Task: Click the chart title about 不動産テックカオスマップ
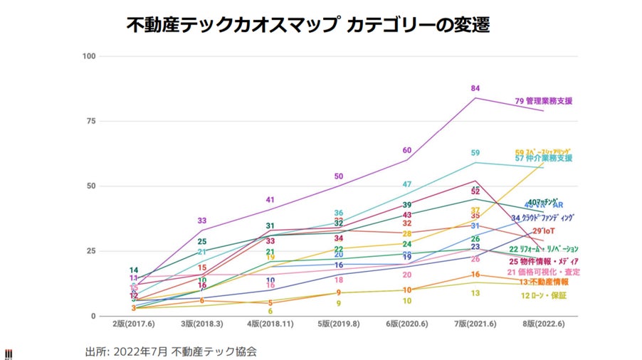(307, 25)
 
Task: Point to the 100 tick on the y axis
(90, 56)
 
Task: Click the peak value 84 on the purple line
(475, 88)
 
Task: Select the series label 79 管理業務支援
(544, 101)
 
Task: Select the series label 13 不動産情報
(544, 282)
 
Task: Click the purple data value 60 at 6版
(407, 150)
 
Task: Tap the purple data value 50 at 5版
(339, 176)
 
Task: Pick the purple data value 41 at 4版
(270, 200)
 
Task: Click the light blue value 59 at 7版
(475, 153)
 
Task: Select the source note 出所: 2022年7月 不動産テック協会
(171, 351)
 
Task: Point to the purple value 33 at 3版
(202, 221)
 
